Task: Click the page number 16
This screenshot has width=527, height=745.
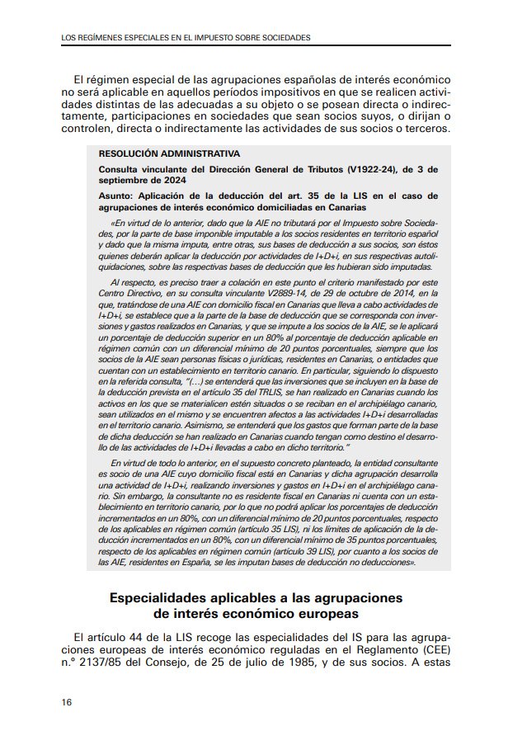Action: [66, 702]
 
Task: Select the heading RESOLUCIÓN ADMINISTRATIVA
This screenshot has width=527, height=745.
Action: [169, 153]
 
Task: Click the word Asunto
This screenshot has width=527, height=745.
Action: [117, 196]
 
